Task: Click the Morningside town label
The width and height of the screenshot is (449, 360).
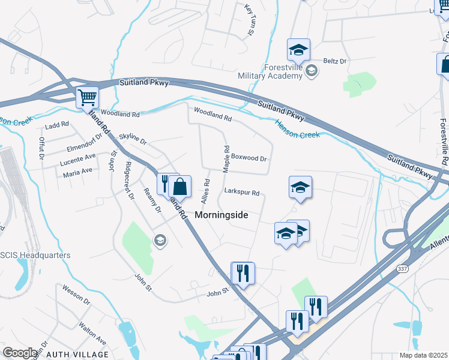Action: (221, 215)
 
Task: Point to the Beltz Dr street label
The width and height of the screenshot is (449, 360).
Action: (335, 61)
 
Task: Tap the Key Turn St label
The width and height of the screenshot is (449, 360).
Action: (249, 19)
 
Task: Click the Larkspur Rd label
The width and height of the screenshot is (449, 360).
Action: (241, 193)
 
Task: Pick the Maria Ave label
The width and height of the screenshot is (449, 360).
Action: (77, 170)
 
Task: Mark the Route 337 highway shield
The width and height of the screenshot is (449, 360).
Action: (402, 271)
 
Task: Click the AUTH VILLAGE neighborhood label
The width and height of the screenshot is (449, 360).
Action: (73, 355)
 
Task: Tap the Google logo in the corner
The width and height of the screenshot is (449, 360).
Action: (19, 353)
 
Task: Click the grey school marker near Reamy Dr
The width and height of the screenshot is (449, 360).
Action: (159, 241)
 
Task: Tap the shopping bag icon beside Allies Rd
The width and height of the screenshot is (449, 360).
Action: (179, 186)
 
